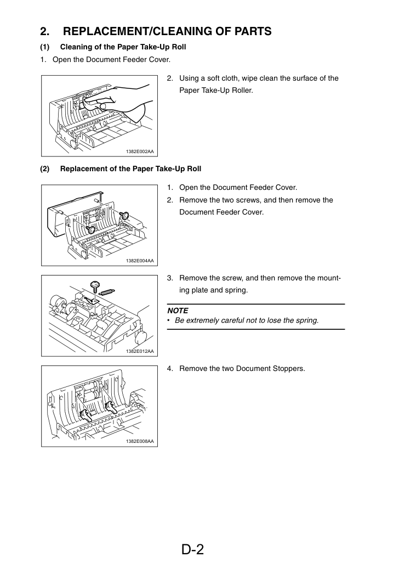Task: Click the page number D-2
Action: point(192,549)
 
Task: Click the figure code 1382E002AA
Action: point(140,151)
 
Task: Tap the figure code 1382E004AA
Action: point(140,261)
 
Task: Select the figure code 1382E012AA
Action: point(140,351)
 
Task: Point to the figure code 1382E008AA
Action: point(140,441)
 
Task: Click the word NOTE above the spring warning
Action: point(178,311)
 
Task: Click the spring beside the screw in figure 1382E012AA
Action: point(107,290)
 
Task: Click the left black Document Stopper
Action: point(86,415)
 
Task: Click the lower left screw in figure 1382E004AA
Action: point(90,229)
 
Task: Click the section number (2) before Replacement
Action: point(45,169)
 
